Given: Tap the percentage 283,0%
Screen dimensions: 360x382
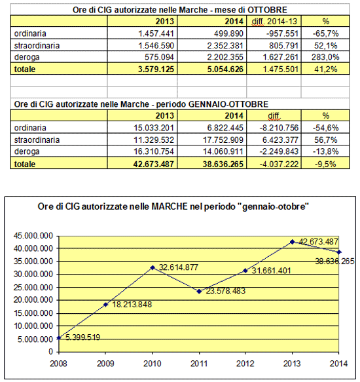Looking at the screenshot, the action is [325, 57].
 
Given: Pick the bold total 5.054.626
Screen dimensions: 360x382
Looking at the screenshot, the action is [225, 69].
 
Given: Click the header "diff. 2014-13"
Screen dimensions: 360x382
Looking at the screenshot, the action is [274, 22].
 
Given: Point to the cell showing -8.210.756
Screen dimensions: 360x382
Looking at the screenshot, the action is [279, 128].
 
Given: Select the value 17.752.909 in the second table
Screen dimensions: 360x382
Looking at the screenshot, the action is [223, 140].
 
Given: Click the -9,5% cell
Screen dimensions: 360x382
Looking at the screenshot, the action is [325, 164].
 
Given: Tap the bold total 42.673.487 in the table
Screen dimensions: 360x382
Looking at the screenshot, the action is [154, 164].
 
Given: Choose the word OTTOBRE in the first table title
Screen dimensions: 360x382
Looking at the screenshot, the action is [267, 10].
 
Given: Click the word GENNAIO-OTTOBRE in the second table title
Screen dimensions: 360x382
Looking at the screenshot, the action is [228, 104].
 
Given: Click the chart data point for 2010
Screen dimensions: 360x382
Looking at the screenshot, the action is [153, 267].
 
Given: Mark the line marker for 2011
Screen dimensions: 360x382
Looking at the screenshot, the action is [199, 291].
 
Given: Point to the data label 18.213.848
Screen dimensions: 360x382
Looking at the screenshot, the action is [132, 304].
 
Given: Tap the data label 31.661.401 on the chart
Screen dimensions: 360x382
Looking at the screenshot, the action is [271, 271].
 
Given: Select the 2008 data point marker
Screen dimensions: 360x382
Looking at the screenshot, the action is [59, 337].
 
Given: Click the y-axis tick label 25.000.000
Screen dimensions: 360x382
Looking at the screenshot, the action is [33, 288].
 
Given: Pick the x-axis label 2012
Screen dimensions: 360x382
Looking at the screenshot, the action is [245, 364].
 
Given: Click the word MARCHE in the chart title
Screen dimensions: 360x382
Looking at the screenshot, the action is [170, 206].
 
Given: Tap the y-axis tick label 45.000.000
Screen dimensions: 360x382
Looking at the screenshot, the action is [33, 236].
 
